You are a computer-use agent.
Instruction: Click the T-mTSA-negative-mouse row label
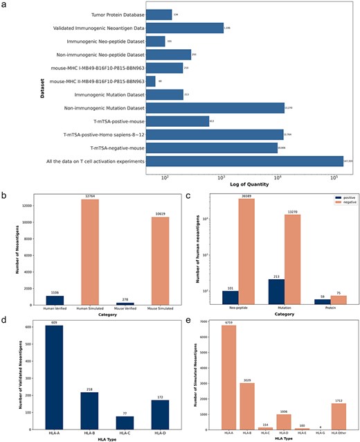tap(111, 148)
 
